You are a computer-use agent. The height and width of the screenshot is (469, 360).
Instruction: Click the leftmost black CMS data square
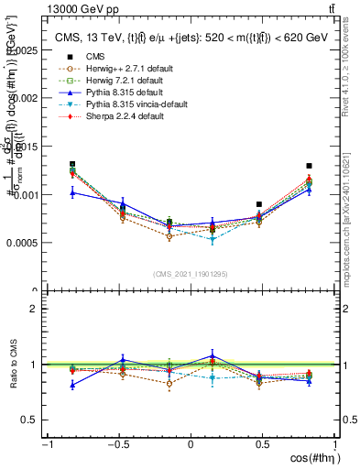(72, 165)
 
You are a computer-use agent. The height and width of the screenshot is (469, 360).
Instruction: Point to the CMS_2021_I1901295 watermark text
(190, 274)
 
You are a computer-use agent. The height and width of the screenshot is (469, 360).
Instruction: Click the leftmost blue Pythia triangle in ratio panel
(72, 385)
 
